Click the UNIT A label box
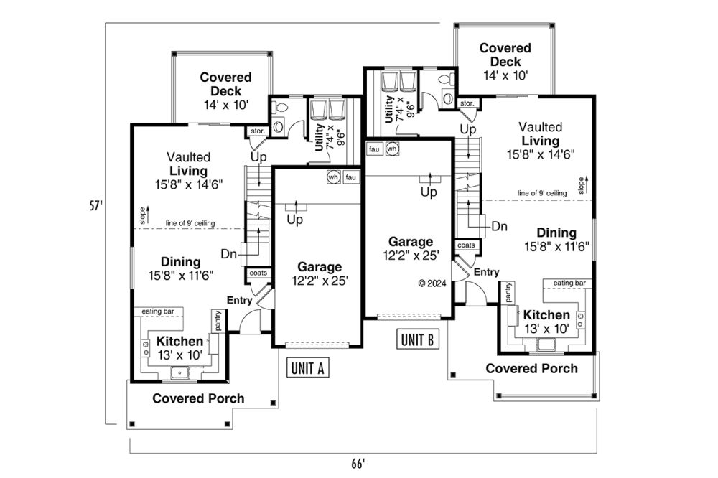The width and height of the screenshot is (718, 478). coord(308,367)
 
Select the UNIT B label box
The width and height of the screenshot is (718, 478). coord(418,339)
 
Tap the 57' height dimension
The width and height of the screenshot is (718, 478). coord(95,205)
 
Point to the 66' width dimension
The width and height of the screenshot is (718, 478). coord(358,464)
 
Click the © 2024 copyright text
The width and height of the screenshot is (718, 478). coord(432,283)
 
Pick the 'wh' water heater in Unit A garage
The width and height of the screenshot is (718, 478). coord(333,177)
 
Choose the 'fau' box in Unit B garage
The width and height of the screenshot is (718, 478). coord(374,149)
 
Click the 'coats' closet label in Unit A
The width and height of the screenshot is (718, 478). coord(258,273)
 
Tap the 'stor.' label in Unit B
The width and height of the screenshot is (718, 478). coord(467,103)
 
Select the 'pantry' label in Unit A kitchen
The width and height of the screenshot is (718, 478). coord(218,321)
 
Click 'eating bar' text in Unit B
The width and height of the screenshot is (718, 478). coord(569,283)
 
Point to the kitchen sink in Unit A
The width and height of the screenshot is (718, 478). coord(180,373)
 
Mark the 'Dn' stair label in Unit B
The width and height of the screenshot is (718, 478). coord(499,226)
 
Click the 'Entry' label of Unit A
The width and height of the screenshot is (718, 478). coord(240,300)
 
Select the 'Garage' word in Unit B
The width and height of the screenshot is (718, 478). coord(410,242)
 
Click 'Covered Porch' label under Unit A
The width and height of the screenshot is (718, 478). coord(198,398)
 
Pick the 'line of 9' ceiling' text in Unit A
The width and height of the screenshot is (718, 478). coord(190,223)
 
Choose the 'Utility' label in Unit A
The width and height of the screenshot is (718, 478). coord(320,137)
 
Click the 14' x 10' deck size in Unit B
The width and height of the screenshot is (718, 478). coord(505,75)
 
